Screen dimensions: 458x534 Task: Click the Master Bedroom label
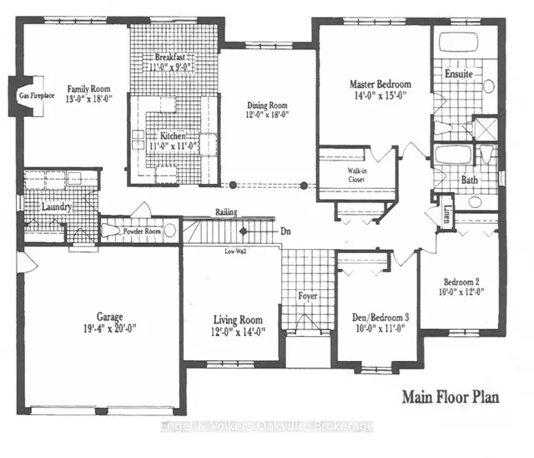click(x=379, y=84)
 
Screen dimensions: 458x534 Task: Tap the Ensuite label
click(x=459, y=74)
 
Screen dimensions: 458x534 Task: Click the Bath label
click(x=469, y=180)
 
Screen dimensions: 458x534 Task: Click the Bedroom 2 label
click(x=460, y=281)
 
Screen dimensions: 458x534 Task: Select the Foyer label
click(x=309, y=296)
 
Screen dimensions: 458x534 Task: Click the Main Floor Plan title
click(x=451, y=395)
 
